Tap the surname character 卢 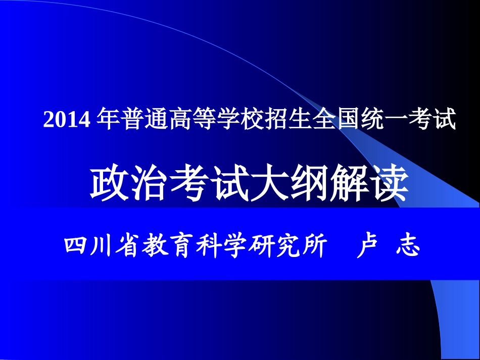pos(368,246)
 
